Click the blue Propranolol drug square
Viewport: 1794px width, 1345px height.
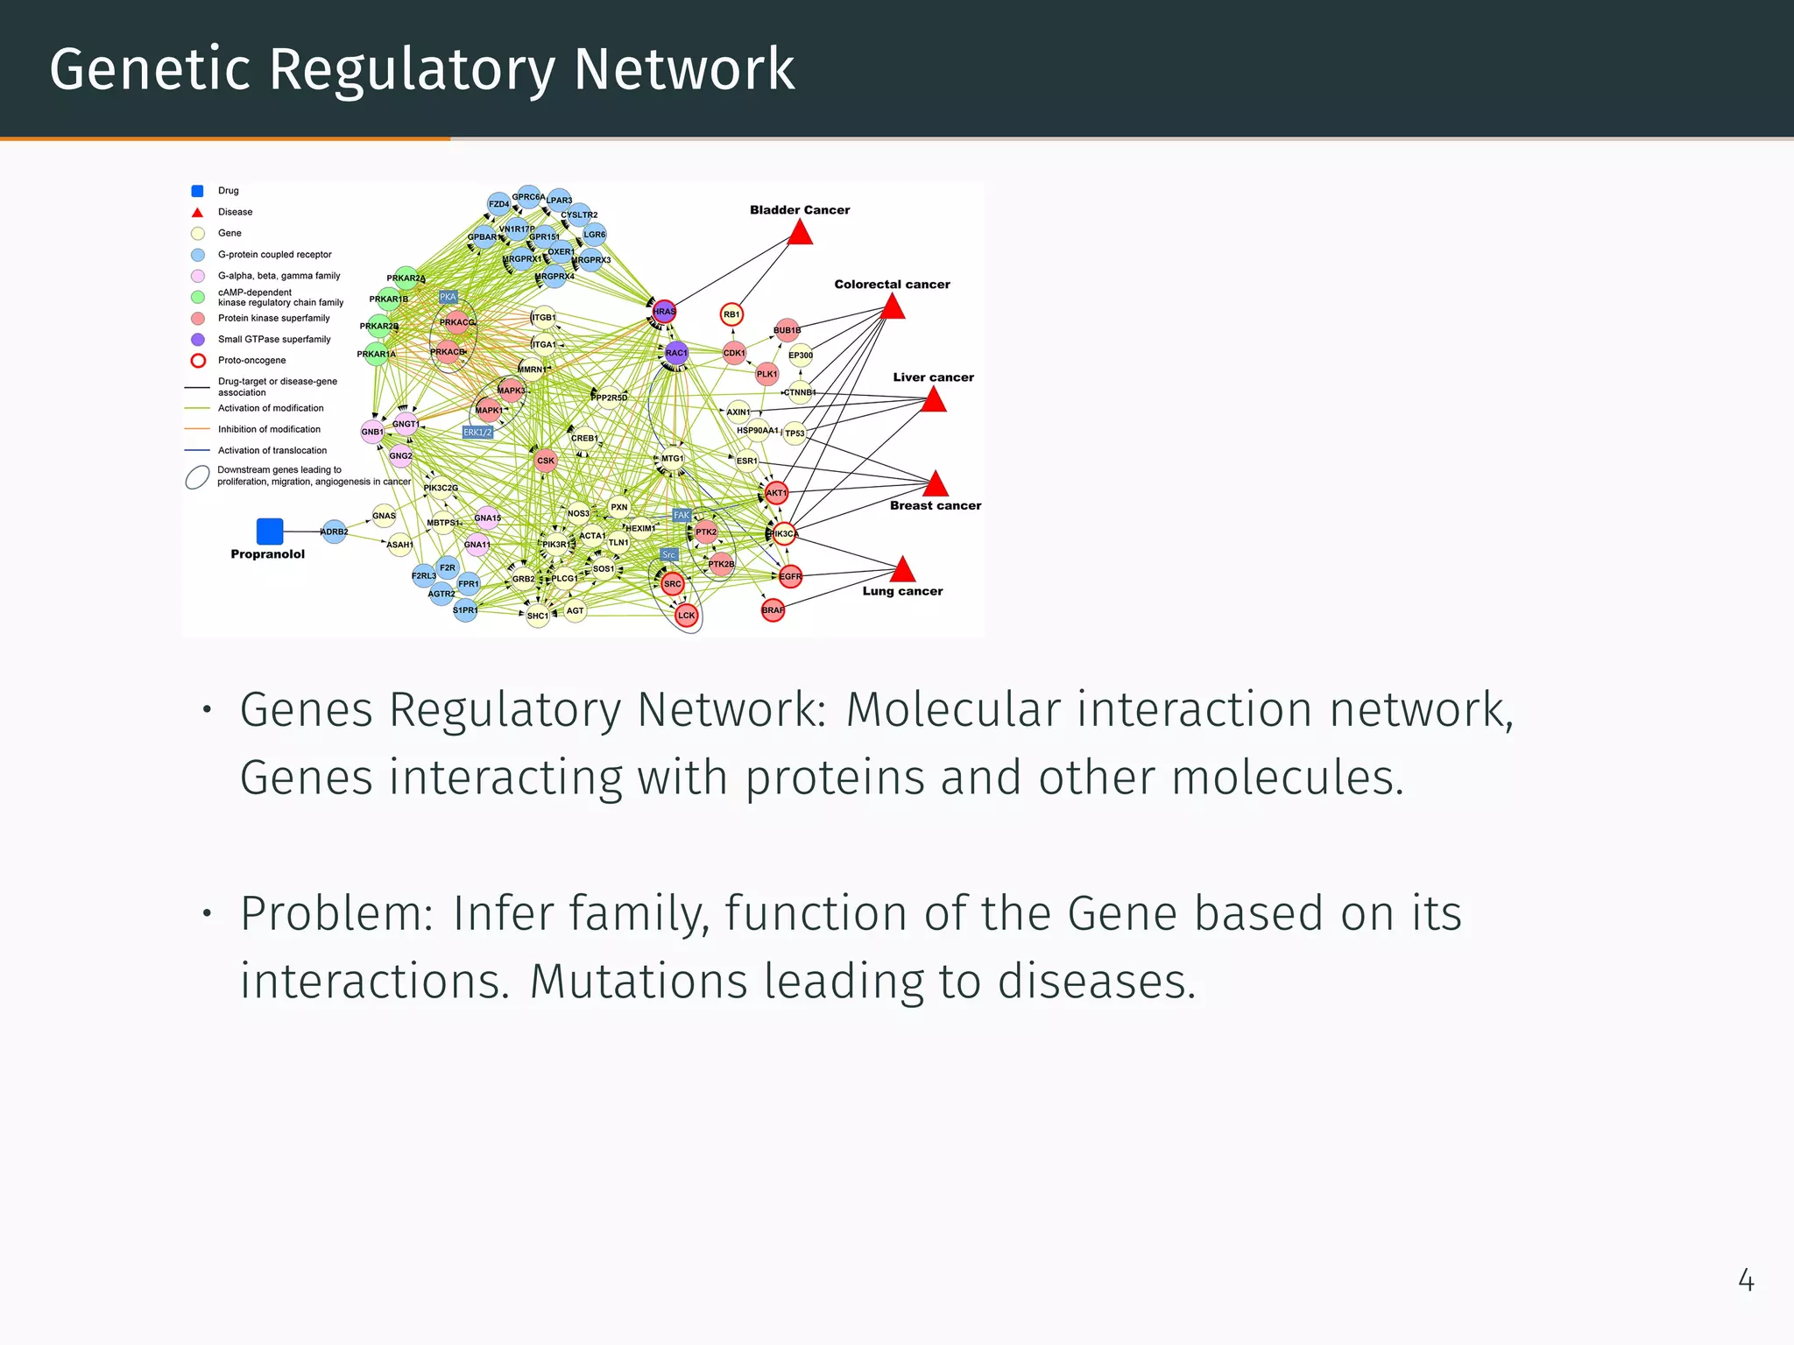coord(270,532)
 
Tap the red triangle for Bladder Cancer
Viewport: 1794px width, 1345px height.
coord(800,234)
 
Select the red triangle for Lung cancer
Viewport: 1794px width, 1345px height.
coord(902,571)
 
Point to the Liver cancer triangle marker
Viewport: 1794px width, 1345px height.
coord(934,401)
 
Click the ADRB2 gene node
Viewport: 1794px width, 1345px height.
coord(335,532)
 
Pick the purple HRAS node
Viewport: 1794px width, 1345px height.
coord(665,311)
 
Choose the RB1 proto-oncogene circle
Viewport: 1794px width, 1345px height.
coord(731,314)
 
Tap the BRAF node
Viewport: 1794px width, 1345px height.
coord(773,610)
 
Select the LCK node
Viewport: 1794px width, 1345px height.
coord(687,616)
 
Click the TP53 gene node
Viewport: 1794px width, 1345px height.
coord(795,433)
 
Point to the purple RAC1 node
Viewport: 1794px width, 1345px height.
coord(676,353)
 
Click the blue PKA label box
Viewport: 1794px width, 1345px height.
coord(448,298)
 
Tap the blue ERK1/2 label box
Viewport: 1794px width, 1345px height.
coord(477,433)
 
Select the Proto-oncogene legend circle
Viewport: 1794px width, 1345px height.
coord(199,361)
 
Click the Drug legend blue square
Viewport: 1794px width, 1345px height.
coord(198,191)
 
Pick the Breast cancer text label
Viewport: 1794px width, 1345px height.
coord(936,506)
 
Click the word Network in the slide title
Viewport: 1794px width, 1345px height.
coord(683,70)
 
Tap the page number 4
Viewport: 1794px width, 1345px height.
coord(1746,1281)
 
